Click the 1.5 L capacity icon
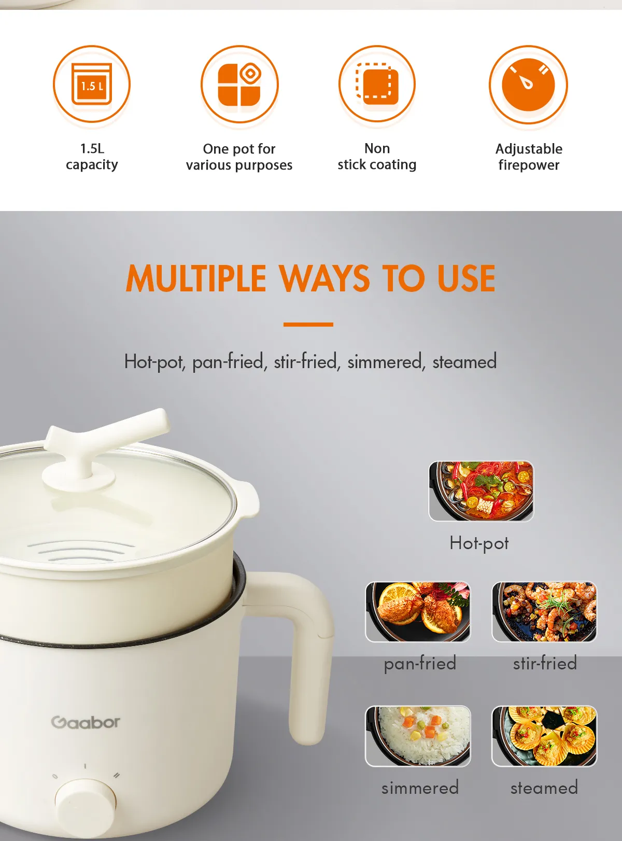pyautogui.click(x=91, y=84)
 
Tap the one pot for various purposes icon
pyautogui.click(x=239, y=84)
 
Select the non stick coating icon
pyautogui.click(x=377, y=84)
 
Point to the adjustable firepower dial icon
pyautogui.click(x=528, y=84)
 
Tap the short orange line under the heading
pyautogui.click(x=308, y=324)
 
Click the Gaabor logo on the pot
pyautogui.click(x=86, y=722)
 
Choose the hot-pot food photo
pyautogui.click(x=481, y=491)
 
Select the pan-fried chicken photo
pyautogui.click(x=418, y=612)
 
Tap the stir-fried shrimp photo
pyautogui.click(x=544, y=612)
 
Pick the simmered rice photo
pyautogui.click(x=418, y=736)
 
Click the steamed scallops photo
pyautogui.click(x=544, y=736)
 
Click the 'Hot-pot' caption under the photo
pyautogui.click(x=479, y=543)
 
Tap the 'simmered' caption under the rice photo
pyautogui.click(x=420, y=788)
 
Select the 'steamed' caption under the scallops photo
pyautogui.click(x=544, y=788)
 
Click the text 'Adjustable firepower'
pyautogui.click(x=529, y=157)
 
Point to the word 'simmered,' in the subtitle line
pyautogui.click(x=386, y=361)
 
